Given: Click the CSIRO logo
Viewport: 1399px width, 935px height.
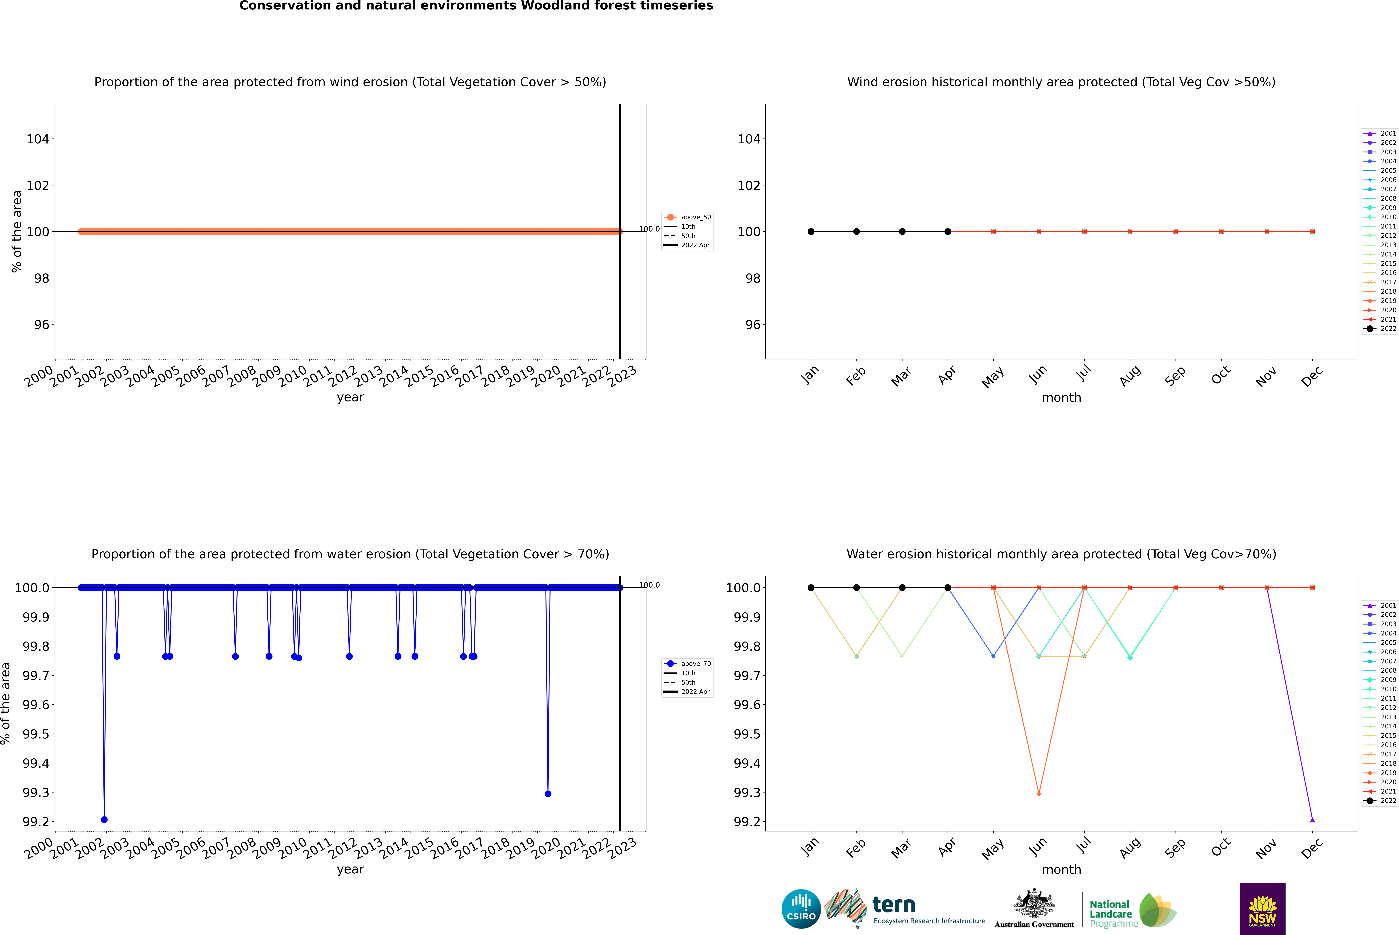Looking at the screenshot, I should (801, 909).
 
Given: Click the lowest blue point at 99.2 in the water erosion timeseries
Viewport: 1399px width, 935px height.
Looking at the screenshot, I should (104, 819).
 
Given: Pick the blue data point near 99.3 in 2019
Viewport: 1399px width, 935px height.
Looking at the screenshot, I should (548, 794).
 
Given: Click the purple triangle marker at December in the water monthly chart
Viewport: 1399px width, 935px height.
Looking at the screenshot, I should (1312, 819).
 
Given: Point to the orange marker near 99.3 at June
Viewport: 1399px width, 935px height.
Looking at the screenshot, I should (1039, 794).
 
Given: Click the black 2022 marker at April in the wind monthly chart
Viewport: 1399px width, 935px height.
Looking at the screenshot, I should (948, 231).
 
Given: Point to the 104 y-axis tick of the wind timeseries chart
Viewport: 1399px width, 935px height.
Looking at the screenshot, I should (38, 139).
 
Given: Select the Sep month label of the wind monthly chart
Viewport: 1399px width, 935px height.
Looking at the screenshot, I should (1175, 376).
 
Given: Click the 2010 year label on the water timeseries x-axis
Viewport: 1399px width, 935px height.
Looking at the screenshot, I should (293, 848).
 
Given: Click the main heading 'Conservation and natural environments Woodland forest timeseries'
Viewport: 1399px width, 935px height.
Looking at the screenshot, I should (476, 6).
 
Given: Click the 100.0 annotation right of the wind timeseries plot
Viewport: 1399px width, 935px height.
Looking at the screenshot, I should (649, 229).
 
